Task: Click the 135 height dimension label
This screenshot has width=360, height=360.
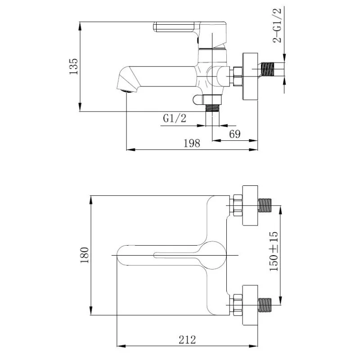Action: (73, 66)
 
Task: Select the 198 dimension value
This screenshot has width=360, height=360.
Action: (192, 143)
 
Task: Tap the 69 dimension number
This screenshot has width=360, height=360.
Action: (234, 134)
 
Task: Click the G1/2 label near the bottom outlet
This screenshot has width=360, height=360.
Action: (174, 118)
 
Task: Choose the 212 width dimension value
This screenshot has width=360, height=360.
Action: (187, 339)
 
